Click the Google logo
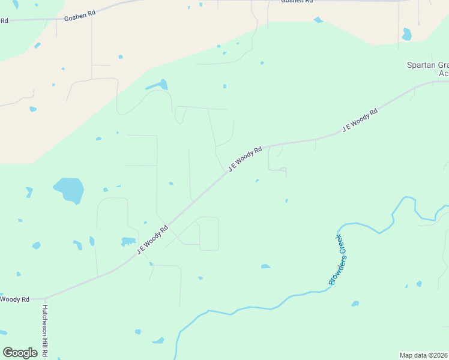[x=20, y=353]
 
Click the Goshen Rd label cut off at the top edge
[x=297, y=2]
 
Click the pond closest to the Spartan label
[x=407, y=34]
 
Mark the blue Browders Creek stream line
[x=252, y=308]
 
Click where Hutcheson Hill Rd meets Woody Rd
[x=44, y=298]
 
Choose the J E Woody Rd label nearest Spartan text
[x=360, y=120]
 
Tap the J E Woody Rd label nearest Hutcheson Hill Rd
[x=152, y=240]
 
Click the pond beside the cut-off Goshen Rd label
[x=318, y=20]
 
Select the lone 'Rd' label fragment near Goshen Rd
[x=4, y=20]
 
